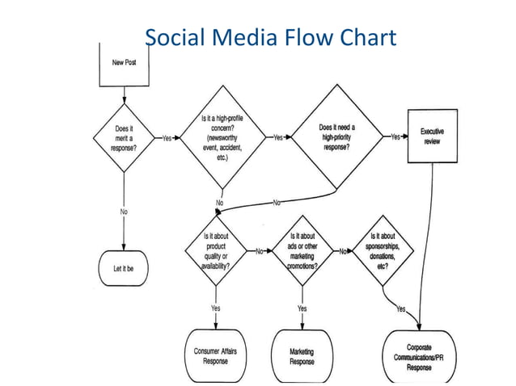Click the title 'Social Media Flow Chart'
pos(270,37)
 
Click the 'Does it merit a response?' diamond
pos(124,138)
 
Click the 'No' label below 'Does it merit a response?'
pos(124,212)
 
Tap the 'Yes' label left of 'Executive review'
pos(395,137)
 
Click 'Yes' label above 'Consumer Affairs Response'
pos(216,308)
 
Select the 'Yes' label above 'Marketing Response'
pos(302,308)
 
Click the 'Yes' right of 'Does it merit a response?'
pos(167,138)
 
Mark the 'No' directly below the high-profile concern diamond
pos(220,201)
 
